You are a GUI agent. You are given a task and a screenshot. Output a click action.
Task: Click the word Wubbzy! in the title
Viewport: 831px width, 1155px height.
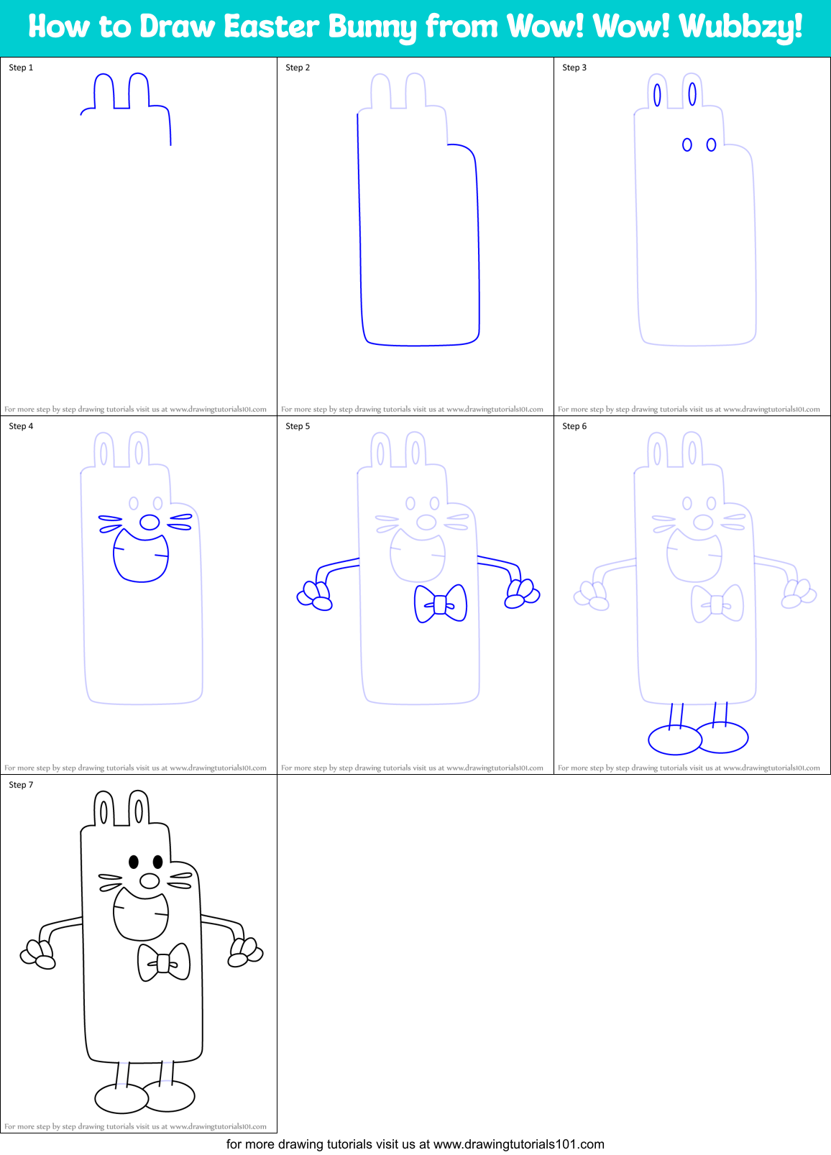[x=740, y=27]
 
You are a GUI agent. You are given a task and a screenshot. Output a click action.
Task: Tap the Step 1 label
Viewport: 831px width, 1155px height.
[x=21, y=68]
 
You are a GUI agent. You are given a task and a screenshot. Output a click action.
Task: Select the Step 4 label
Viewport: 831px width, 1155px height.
[x=21, y=426]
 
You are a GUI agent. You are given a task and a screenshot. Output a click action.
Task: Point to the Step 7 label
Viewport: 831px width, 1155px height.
[x=21, y=785]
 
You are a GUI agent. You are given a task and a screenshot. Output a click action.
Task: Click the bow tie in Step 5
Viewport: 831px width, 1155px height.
[x=441, y=604]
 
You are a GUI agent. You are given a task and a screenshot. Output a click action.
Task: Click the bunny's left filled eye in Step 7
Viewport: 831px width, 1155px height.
[x=134, y=861]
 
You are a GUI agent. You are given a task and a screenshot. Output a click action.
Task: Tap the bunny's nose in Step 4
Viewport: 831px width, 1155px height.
[x=150, y=522]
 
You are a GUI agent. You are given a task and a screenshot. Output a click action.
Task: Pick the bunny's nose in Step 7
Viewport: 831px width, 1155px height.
[x=150, y=880]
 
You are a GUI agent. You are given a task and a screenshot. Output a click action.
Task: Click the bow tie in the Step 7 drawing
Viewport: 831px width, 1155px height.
[x=164, y=962]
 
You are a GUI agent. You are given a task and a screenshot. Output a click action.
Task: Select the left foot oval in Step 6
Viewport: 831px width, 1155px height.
[x=674, y=740]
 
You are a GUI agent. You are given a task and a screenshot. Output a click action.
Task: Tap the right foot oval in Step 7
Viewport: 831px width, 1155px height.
[x=170, y=1096]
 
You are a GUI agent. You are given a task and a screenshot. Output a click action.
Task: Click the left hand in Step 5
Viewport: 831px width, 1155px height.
[x=315, y=595]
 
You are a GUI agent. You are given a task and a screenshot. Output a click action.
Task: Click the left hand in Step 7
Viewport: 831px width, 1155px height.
[x=38, y=954]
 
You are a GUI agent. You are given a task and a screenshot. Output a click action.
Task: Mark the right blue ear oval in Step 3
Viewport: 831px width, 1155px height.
[x=692, y=93]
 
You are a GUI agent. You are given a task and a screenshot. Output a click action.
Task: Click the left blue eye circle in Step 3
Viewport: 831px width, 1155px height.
[x=687, y=145]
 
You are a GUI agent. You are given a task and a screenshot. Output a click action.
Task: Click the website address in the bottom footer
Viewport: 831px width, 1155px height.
[x=518, y=1144]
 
